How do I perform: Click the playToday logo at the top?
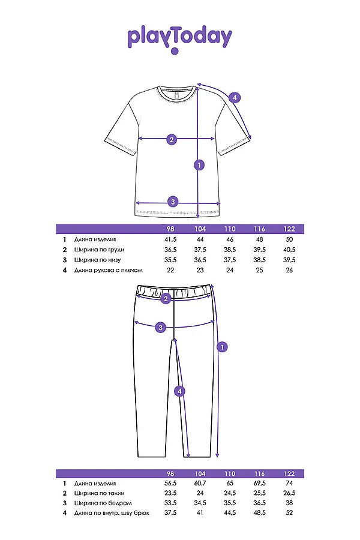tap(179, 38)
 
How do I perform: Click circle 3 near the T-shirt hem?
tap(173, 202)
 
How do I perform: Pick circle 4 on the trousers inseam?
tap(178, 391)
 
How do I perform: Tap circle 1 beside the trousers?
tap(222, 346)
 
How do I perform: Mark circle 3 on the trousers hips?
tap(160, 327)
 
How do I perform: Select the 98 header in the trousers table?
tap(171, 473)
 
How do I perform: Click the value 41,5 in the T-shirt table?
tap(171, 239)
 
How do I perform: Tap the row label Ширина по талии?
tap(96, 493)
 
